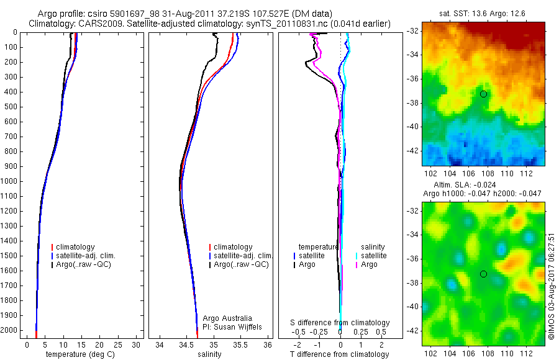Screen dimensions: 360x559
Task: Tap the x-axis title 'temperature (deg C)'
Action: (79, 354)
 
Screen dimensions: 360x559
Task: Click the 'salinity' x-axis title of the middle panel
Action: (209, 354)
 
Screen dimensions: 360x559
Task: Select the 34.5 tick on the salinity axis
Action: (186, 344)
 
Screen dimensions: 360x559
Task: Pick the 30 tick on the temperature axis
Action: (137, 344)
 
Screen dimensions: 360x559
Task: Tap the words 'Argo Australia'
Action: (228, 318)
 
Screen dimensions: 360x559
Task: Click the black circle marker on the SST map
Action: (483, 94)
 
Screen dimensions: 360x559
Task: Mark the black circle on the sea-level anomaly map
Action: (483, 274)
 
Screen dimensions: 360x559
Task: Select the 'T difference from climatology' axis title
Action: (340, 354)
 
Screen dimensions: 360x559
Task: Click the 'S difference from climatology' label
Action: (340, 323)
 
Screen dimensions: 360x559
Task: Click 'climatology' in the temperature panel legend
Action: (76, 247)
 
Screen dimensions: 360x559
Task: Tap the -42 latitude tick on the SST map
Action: (413, 151)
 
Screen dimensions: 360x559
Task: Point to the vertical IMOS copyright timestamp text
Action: (551, 286)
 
